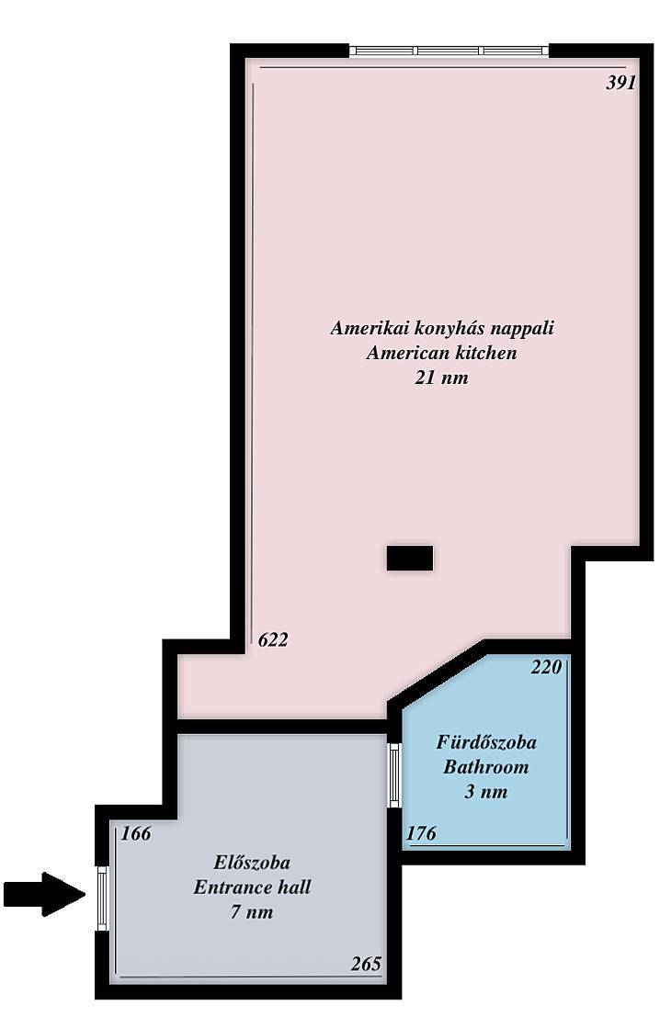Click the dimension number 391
(x=620, y=83)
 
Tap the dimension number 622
(x=273, y=639)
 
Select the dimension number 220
(x=546, y=667)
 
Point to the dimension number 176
(x=421, y=833)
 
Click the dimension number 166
(x=136, y=833)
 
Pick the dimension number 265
(x=366, y=964)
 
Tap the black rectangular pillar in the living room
(x=410, y=558)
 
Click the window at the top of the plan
(x=449, y=51)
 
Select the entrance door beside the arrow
(x=102, y=898)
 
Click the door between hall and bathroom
(x=394, y=775)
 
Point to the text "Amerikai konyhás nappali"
(x=442, y=327)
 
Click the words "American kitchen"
(x=442, y=353)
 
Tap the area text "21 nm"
(x=441, y=378)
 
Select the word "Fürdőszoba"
(x=486, y=742)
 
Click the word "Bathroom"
(x=486, y=766)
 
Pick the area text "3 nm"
(x=486, y=791)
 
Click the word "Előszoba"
(x=252, y=862)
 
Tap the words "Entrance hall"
(x=252, y=887)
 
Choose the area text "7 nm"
(x=252, y=912)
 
